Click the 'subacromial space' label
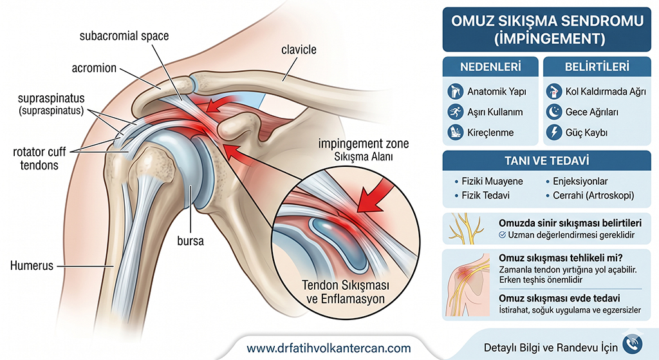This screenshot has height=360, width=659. coord(124,36)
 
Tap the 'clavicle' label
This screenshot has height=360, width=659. coord(299,50)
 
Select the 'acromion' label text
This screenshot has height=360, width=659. coord(94,68)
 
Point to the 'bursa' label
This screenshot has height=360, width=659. coord(190,241)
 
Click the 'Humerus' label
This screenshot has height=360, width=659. coord(32,266)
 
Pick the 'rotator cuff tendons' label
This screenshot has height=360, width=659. coord(39,158)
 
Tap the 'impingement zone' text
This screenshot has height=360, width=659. coord(364,144)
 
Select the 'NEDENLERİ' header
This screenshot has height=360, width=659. coord(490,67)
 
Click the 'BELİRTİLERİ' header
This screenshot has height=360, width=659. coord(597,67)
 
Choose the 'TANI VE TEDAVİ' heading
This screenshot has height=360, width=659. coord(547,160)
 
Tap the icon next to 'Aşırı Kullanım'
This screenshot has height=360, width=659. coord(455,112)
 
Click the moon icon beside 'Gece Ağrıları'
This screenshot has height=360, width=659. coord(554,112)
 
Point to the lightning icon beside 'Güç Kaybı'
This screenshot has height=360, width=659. coord(554,133)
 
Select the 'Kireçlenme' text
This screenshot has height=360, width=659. coord(490,133)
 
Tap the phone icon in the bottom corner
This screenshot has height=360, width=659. coord(633,343)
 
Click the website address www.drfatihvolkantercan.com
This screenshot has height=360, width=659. coord(329,348)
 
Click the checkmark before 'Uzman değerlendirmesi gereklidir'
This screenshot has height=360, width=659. coord(502,235)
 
